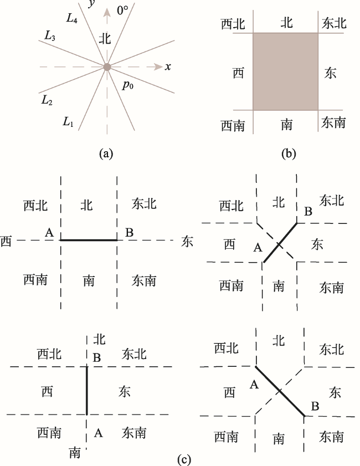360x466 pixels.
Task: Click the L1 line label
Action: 68,121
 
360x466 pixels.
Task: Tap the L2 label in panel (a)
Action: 47,100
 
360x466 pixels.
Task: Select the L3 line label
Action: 50,35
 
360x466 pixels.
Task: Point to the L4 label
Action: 72,18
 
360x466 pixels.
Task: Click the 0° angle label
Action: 122,11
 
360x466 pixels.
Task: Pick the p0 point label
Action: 128,85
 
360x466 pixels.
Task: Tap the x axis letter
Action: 168,66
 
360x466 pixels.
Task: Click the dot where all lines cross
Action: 107,67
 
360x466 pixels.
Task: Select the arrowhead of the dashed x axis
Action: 159,66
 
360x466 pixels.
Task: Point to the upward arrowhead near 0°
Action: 107,12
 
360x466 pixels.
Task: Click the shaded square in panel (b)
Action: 285,71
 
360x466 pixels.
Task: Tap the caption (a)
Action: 106,153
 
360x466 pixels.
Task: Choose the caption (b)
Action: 289,153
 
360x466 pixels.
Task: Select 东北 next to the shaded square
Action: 334,23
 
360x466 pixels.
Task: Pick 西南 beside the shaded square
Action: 233,125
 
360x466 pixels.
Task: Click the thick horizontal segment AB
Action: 89,240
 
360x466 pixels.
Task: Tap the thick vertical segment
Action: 87,391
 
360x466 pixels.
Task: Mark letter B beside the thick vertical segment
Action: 97,357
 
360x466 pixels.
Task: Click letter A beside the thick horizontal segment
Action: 49,232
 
